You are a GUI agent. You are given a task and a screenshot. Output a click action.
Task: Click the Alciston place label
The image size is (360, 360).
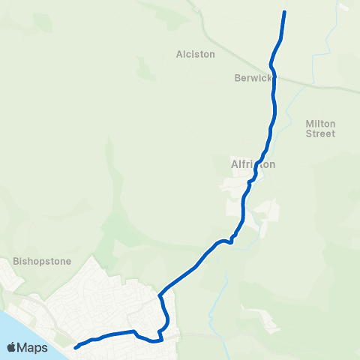pyautogui.click(x=195, y=54)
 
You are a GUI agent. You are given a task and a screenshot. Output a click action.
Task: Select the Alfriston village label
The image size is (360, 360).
pyautogui.click(x=253, y=163)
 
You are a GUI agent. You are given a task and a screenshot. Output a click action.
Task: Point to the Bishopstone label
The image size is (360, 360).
pyautogui.click(x=42, y=262)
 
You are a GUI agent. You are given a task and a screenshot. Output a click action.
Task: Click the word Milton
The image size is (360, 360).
pyautogui.click(x=320, y=123)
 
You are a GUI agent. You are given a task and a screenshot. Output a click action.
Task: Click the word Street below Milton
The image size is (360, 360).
pyautogui.click(x=320, y=133)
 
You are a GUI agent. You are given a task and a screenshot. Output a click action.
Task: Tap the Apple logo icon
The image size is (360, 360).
pyautogui.click(x=12, y=347)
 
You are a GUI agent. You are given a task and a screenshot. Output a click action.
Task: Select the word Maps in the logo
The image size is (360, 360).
pyautogui.click(x=32, y=347)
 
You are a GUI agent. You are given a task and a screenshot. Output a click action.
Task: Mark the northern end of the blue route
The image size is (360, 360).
pyautogui.click(x=284, y=12)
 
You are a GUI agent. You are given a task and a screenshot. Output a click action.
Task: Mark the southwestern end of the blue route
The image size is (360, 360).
pyautogui.click(x=76, y=347)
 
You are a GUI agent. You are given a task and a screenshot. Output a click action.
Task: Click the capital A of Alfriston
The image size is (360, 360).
pyautogui.click(x=234, y=163)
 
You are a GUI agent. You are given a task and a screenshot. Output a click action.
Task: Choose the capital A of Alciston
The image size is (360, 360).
pyautogui.click(x=178, y=54)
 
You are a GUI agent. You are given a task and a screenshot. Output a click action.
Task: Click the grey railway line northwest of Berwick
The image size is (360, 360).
pyautogui.click(x=225, y=49)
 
